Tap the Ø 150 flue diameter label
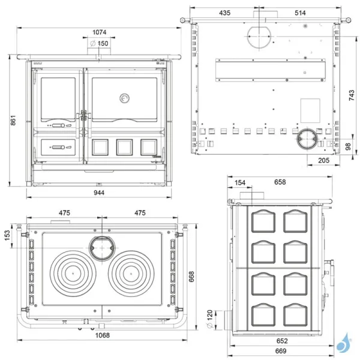tap(99, 43)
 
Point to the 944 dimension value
tap(100, 193)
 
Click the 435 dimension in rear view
tap(224, 13)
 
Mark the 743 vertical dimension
tap(351, 95)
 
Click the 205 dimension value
tap(323, 160)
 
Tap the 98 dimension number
tap(349, 147)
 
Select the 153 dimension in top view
tap(7, 233)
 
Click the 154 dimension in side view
tap(240, 182)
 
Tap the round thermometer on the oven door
tap(125, 98)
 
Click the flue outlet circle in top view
tap(103, 246)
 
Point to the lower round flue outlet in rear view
tap(307, 139)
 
